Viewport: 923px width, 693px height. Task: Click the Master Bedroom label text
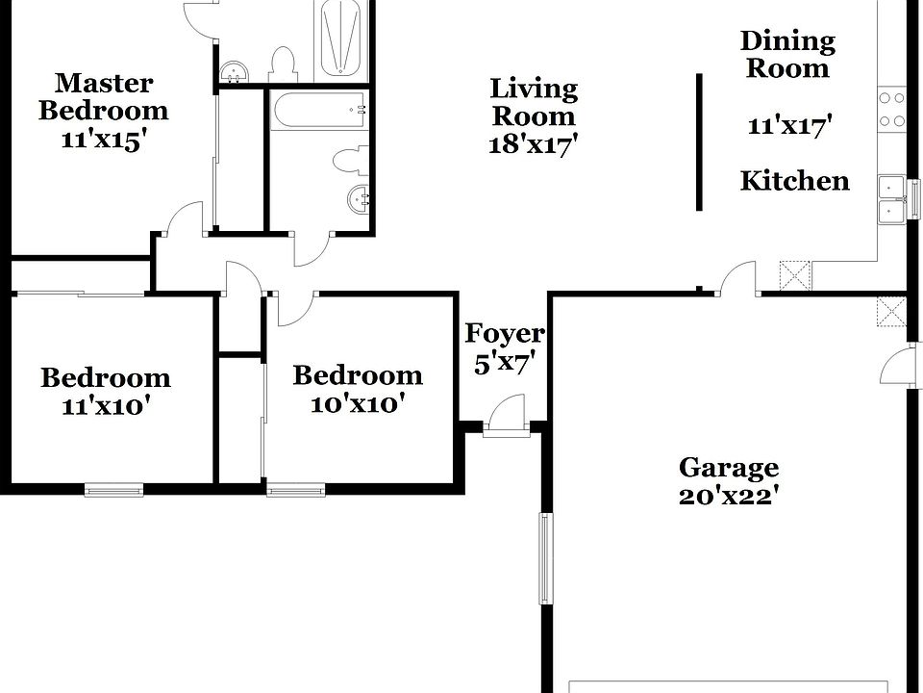103,96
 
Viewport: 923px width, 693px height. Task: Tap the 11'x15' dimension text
103,139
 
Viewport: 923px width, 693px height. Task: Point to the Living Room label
534,103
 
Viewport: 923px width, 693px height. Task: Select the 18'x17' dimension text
534,143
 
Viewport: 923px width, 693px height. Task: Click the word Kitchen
794,181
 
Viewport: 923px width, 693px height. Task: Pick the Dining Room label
787,55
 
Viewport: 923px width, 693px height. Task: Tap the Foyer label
505,334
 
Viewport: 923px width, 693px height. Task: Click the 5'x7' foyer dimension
505,364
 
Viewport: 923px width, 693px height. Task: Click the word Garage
729,469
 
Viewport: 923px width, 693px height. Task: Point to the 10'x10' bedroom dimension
357,403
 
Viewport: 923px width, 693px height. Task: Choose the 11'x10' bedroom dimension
105,406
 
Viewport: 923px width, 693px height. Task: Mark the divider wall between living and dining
699,141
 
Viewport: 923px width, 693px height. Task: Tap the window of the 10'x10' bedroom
296,490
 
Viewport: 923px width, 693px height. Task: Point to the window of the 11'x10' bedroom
114,490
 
